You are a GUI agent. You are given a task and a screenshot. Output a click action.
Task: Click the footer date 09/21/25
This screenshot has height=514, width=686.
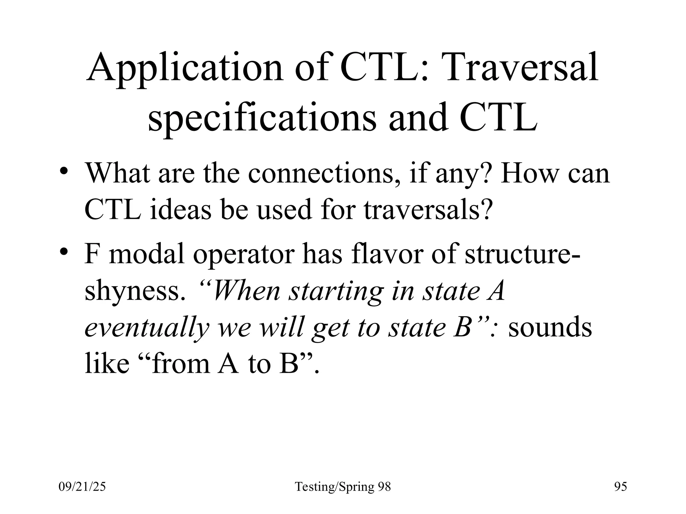pos(82,487)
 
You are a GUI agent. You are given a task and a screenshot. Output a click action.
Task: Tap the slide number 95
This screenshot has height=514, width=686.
pos(620,487)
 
